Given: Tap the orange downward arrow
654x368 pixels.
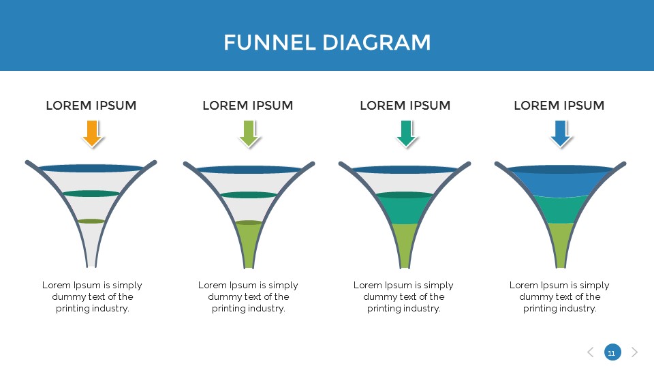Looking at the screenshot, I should (93, 133).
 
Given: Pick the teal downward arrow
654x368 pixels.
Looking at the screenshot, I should (407, 133).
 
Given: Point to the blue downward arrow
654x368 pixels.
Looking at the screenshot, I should (561, 133).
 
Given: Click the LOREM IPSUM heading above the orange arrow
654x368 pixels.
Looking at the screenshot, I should (91, 106).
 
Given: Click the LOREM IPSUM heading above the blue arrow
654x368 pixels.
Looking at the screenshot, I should (559, 106).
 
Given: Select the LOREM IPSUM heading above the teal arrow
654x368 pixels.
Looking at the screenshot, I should (405, 106).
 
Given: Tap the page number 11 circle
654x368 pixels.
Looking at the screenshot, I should (611, 352).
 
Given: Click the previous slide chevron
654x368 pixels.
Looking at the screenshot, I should (590, 352).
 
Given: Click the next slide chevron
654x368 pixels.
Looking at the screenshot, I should (634, 352).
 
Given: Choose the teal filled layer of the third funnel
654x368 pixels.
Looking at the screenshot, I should (405, 210).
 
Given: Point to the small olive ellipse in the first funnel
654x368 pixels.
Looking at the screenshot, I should (91, 221).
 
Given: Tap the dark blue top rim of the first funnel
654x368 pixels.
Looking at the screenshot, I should (91, 168).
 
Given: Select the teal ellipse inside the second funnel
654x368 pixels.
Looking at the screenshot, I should (249, 195).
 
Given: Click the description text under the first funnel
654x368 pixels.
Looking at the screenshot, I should (92, 296).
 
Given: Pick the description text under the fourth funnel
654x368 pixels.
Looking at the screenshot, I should (559, 296).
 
